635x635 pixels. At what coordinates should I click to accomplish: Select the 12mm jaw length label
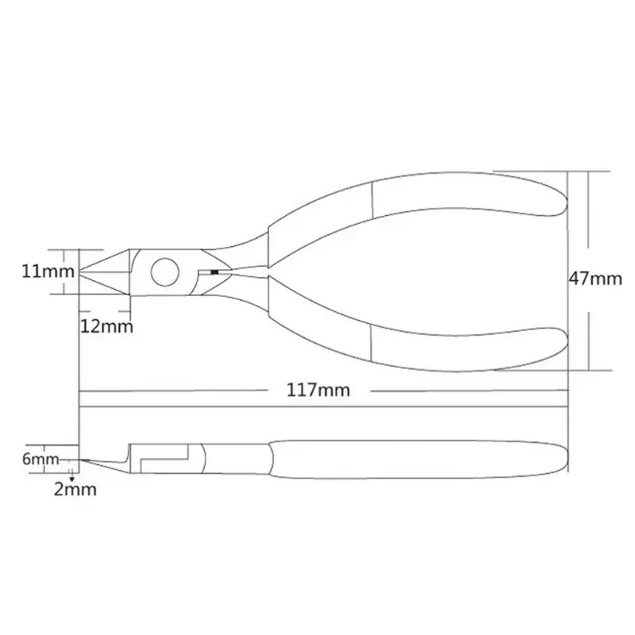click(x=106, y=325)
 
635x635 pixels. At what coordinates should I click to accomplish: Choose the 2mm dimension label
click(x=76, y=490)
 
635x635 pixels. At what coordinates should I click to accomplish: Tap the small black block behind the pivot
click(x=214, y=271)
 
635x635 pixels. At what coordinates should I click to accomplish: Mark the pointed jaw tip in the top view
click(x=83, y=271)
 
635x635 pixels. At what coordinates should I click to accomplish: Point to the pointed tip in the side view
click(x=83, y=460)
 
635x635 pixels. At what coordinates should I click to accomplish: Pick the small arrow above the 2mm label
click(x=72, y=475)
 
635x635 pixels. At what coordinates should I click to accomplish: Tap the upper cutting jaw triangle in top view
click(x=111, y=261)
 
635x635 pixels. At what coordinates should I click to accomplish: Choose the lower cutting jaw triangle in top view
click(x=111, y=283)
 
